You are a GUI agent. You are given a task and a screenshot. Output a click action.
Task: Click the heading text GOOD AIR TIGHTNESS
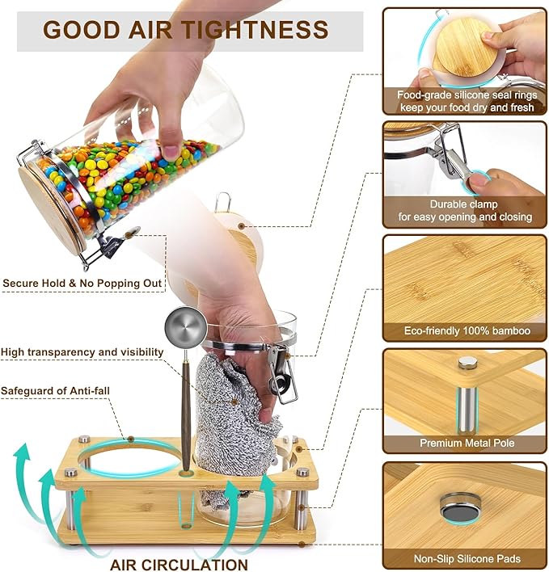(186, 30)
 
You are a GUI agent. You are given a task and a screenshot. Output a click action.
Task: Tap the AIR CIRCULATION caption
(179, 565)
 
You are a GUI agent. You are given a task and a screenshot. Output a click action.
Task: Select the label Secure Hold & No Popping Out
(82, 284)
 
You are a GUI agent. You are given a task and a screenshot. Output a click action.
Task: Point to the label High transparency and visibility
(82, 352)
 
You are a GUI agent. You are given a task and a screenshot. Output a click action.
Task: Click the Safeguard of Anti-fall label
(55, 391)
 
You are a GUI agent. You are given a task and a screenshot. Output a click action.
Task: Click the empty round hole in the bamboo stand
(129, 459)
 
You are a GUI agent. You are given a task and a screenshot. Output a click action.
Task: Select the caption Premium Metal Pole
(467, 443)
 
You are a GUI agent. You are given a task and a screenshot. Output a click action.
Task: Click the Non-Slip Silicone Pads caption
(467, 558)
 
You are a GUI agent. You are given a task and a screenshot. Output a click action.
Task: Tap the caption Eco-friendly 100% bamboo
(467, 331)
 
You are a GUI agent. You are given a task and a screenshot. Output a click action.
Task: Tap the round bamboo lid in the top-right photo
(462, 48)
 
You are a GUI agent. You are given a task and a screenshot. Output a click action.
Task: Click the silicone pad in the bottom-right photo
(459, 507)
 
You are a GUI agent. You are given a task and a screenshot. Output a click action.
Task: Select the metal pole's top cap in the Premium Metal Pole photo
(467, 362)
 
